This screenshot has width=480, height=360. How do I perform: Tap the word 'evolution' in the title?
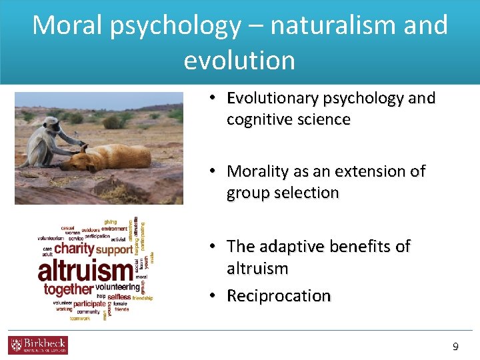[239, 60]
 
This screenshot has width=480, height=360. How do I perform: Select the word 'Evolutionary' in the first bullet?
[272, 99]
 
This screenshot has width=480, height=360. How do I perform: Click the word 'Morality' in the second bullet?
[257, 171]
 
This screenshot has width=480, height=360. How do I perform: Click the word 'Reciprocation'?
[279, 296]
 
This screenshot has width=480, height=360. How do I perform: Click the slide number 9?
[455, 346]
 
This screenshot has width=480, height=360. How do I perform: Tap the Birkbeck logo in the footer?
[38, 345]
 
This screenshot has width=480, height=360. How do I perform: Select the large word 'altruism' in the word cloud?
[85, 271]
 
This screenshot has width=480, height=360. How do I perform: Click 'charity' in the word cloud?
[74, 249]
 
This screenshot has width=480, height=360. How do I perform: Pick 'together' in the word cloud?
[67, 289]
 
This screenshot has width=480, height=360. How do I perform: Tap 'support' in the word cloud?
[114, 250]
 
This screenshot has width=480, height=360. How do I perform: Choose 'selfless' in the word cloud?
[119, 296]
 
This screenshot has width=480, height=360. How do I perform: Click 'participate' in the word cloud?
[89, 304]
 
